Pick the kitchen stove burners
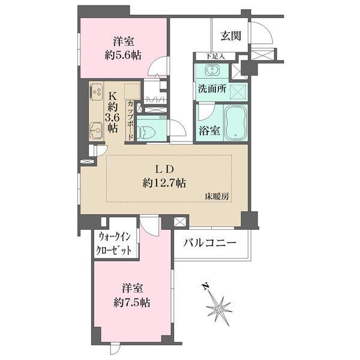pos(97,92)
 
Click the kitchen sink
pos(95,128)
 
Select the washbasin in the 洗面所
pos(212,70)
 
